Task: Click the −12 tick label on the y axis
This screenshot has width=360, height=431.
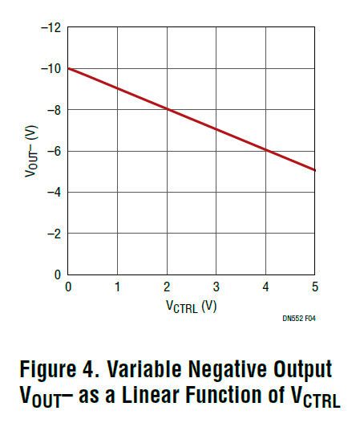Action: point(51,28)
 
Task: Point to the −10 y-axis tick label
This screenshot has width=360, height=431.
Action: point(51,68)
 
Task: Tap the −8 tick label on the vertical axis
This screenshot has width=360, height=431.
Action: point(53,109)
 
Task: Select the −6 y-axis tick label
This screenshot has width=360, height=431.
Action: point(53,150)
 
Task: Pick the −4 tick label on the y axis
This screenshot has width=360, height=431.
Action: point(53,192)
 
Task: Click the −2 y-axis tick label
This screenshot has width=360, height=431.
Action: point(53,233)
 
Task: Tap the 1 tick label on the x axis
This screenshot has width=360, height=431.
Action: point(118,287)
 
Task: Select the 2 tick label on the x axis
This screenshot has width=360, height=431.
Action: point(167,287)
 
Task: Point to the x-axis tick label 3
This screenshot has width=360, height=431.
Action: point(216,287)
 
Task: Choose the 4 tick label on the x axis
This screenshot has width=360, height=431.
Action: point(265,287)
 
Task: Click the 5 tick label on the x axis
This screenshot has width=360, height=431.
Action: point(314,287)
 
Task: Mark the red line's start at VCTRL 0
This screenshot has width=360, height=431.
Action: point(69,68)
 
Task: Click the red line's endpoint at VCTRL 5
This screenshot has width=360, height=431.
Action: point(315,170)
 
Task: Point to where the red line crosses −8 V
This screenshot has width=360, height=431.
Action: point(167,109)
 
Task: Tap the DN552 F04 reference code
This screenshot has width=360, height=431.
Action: point(297,319)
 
